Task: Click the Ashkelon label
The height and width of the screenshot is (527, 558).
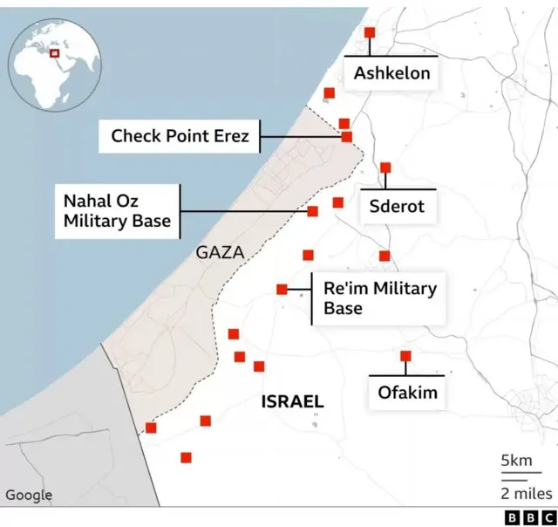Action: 391,73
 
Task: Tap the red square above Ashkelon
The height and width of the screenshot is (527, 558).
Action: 369,32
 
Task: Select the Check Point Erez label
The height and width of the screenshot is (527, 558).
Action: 180,136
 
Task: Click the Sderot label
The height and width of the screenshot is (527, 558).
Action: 397,207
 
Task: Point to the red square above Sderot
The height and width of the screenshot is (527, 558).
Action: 385,168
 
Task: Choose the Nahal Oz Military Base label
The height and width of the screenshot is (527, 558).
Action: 117,211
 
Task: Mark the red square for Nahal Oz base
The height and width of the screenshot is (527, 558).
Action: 313,211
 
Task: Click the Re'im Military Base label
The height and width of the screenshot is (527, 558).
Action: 379,298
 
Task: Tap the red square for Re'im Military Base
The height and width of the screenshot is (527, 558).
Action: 282,290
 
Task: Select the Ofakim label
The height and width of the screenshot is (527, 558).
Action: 407,393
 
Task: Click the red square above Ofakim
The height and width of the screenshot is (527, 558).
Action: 405,356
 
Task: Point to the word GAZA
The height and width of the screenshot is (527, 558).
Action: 220,253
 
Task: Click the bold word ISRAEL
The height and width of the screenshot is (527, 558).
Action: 293,402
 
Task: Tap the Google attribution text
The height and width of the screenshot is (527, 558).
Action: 29,496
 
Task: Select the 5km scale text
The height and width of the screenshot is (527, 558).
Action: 516,461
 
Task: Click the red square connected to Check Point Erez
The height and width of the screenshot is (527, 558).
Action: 347,137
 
